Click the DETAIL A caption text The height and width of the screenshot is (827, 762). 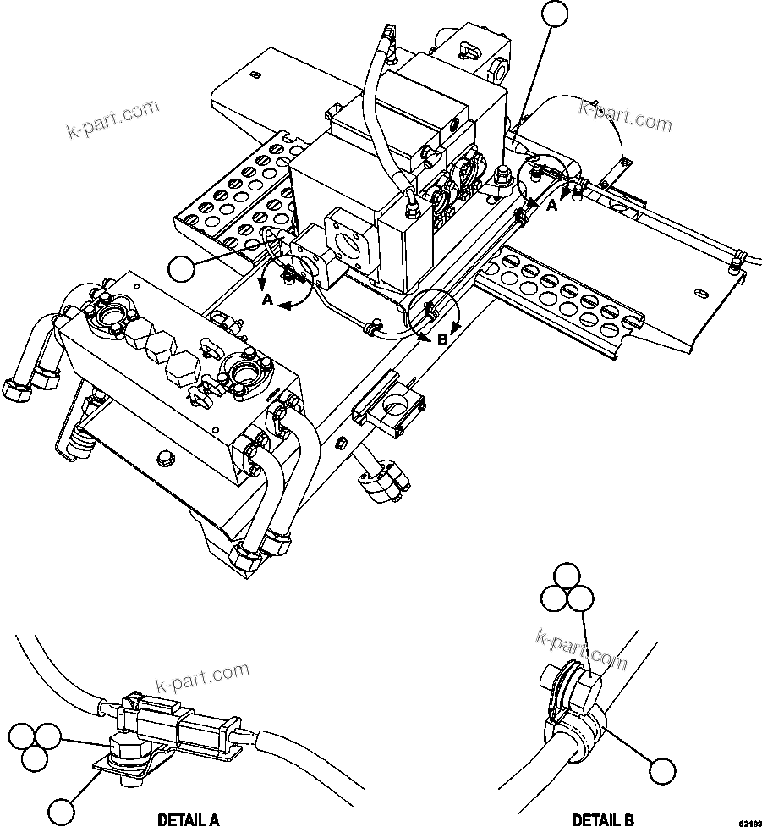pos(189,819)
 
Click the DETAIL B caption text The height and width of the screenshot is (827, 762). pos(602,819)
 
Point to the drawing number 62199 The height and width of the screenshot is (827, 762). pos(748,822)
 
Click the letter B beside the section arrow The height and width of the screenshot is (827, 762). pos(441,340)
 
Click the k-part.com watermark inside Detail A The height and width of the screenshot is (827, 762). pos(204,677)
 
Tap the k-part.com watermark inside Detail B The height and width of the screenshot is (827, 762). pos(582,648)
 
